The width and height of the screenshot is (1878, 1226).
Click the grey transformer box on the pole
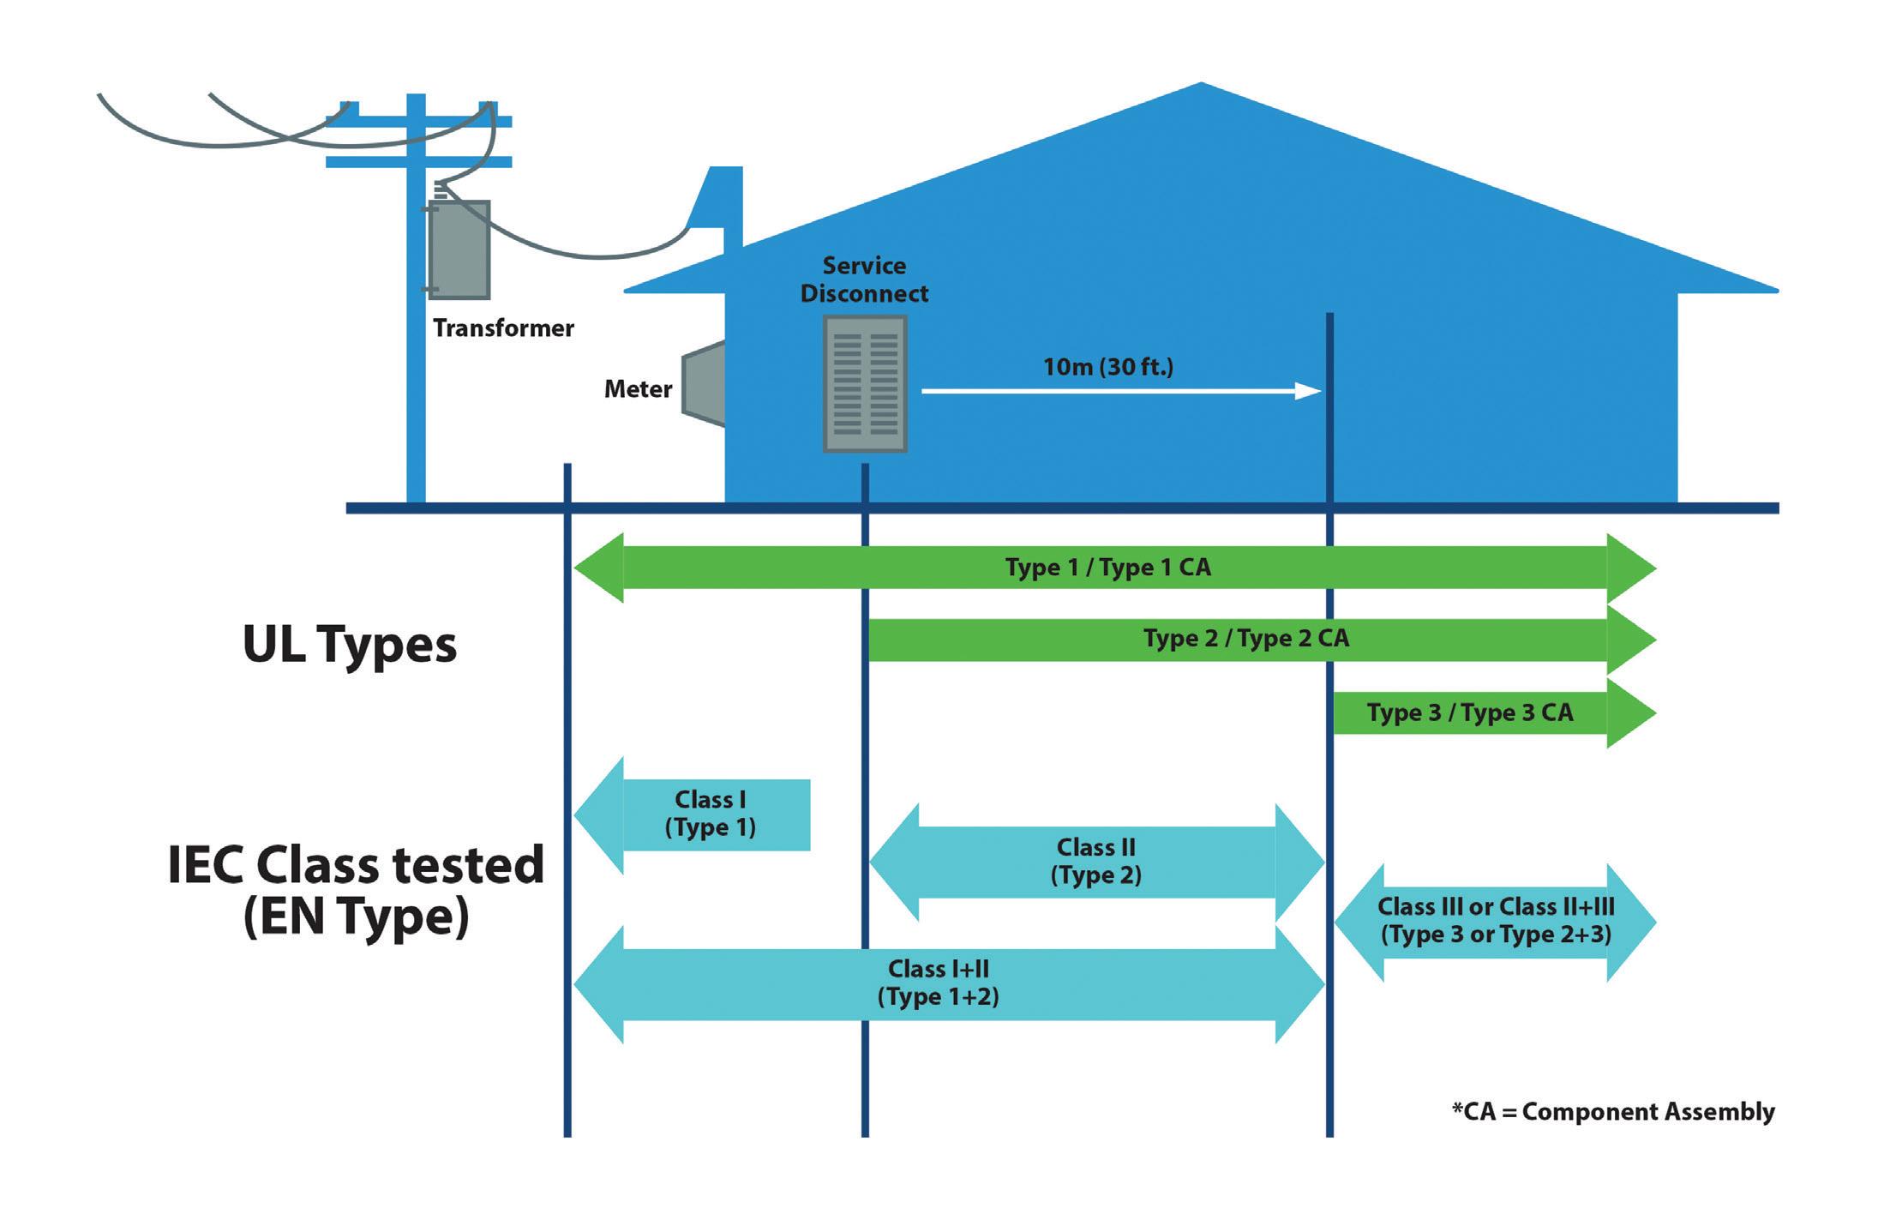click(459, 249)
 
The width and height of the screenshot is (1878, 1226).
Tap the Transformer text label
click(503, 328)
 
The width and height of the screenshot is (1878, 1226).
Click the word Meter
click(638, 389)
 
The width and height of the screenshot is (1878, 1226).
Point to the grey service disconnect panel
click(865, 383)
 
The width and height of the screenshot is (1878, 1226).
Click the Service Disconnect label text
click(864, 279)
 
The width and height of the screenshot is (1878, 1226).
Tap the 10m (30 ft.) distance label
click(1107, 367)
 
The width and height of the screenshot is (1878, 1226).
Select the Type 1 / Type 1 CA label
click(1107, 568)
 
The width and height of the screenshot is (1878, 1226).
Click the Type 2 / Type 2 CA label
click(1245, 639)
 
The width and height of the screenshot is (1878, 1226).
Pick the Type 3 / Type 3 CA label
click(1469, 712)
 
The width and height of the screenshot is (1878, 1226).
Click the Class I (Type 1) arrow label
click(710, 814)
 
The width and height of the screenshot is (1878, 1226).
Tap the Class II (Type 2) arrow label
click(1095, 862)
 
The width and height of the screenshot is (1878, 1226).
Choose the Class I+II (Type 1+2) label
click(938, 983)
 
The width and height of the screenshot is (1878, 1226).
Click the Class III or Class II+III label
click(1496, 920)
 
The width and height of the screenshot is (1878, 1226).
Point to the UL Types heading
click(350, 644)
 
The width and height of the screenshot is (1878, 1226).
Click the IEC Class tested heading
click(356, 864)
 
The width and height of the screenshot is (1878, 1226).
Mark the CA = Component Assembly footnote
click(1612, 1112)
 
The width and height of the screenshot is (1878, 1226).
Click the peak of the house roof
click(1200, 85)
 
